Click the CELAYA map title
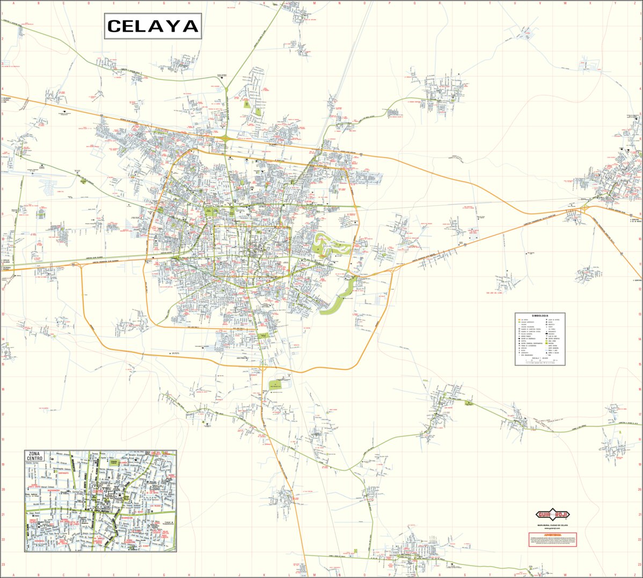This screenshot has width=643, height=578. tap(152, 26)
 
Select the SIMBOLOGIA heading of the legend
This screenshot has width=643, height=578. tap(540, 316)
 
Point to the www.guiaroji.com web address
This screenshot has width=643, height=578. tap(553, 529)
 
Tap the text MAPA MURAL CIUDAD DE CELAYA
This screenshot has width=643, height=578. tap(553, 525)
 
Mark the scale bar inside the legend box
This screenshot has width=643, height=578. tap(540, 361)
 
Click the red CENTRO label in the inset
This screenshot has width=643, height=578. tap(98, 491)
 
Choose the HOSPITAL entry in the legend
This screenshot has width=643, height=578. tap(524, 341)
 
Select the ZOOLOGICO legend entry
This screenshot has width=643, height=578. tap(551, 334)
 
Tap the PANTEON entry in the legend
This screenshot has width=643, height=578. tap(551, 343)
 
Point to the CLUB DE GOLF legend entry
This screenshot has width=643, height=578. tap(552, 336)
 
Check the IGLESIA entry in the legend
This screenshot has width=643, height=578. tap(523, 351)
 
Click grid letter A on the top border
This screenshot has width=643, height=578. tap(14, 3)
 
